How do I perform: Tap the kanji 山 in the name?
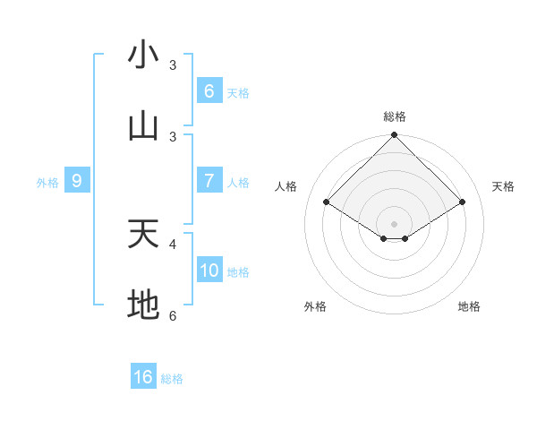[143, 127]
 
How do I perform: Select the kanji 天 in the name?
[143, 235]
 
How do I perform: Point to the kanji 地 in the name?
[143, 305]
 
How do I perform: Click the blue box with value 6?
[209, 90]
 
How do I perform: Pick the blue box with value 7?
[209, 180]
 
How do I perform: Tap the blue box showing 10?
[209, 270]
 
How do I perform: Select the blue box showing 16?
[143, 377]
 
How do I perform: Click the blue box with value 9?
[77, 181]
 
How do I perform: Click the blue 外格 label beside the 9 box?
[47, 182]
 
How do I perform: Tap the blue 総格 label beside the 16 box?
[172, 379]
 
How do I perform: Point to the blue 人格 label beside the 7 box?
[238, 182]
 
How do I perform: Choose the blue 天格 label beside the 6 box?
[238, 92]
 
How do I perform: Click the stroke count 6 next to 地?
[173, 315]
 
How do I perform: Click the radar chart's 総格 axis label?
[395, 116]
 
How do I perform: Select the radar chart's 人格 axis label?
[286, 186]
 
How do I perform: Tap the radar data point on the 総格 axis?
[395, 135]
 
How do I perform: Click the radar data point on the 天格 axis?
[463, 202]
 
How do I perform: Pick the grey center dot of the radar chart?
[395, 223]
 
